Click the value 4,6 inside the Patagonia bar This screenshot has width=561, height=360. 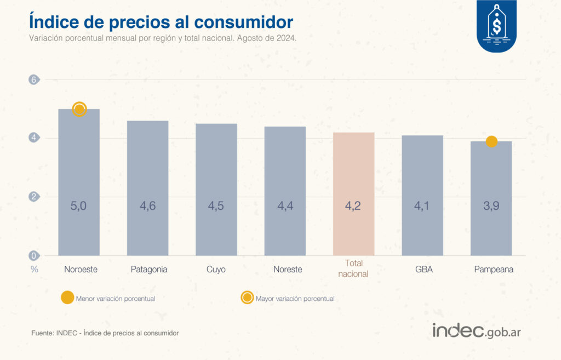pos(147,207)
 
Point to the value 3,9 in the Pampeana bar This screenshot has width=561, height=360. pos(491,207)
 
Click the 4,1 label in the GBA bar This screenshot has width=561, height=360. pos(422,207)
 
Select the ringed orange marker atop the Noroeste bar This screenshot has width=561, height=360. pos(79,109)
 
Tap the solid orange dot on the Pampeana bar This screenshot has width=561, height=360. pos(491,141)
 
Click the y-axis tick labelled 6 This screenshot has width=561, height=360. pos(34,79)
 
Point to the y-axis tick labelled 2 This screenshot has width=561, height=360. pos(34,197)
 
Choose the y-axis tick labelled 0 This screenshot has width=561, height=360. pos(34,255)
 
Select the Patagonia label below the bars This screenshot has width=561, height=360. pos(149,270)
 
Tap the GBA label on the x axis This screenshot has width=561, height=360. pos(423,270)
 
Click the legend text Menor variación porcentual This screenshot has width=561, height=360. pos(116,299)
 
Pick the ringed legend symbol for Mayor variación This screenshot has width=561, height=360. pos(247,298)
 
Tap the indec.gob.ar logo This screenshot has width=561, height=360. pos(476,330)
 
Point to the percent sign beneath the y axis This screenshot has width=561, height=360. pos(34,269)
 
